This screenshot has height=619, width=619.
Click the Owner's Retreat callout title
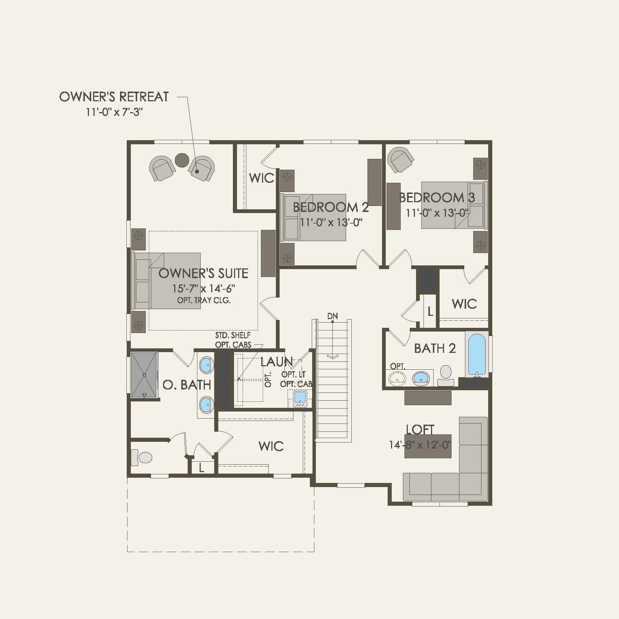point(114,97)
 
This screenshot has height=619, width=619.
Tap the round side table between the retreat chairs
point(182,160)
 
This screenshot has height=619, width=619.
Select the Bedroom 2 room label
point(330,207)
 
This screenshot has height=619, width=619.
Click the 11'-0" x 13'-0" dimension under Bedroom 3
point(437,213)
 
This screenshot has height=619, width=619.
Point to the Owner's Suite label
point(203,273)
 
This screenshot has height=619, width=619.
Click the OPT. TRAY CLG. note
point(204,300)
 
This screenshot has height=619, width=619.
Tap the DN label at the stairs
point(332,316)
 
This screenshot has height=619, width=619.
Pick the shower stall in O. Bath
point(144,375)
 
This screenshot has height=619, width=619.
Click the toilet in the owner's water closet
point(142,458)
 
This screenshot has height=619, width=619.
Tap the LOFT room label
point(420,429)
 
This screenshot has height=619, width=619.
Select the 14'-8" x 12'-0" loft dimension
point(420,445)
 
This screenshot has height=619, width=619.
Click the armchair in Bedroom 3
point(400,160)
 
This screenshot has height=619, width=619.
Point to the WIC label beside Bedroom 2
point(261,178)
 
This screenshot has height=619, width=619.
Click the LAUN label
point(276,361)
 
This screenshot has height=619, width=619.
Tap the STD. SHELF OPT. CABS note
point(233,340)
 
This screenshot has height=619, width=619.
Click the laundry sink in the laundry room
point(300,397)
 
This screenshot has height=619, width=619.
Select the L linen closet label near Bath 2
point(430,311)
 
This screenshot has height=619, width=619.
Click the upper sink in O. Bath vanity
point(206,365)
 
